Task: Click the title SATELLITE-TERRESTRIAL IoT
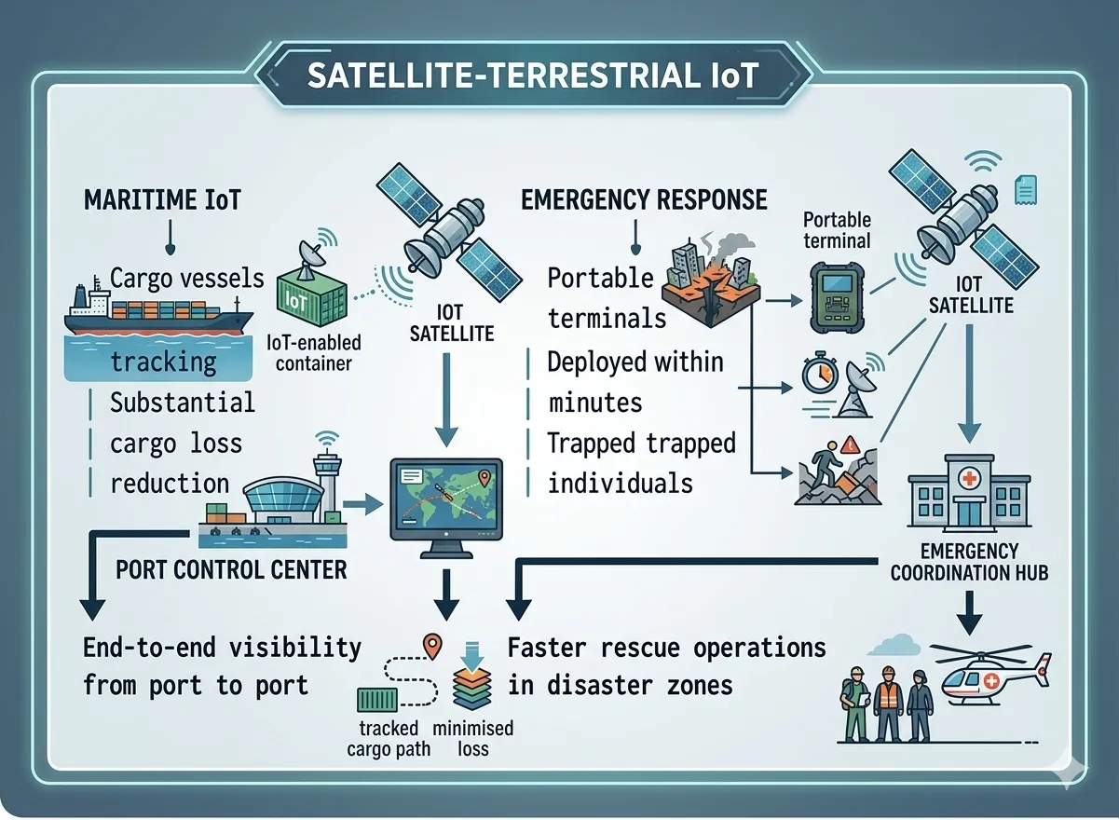pos(532,75)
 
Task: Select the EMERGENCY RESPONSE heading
pos(645,199)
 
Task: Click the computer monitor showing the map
pos(444,503)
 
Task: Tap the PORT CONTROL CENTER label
pos(231,569)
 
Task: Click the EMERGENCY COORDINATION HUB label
pos(969,561)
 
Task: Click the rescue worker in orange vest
pos(889,704)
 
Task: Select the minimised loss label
pos(473,738)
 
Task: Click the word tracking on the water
pos(163,361)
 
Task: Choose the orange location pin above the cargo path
pos(430,645)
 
